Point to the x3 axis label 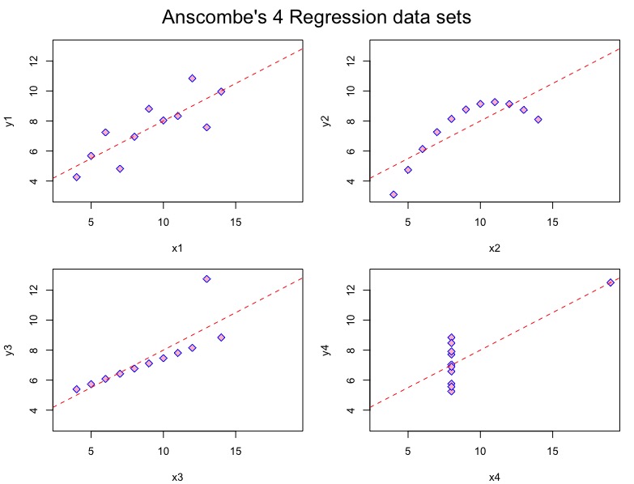point(177,477)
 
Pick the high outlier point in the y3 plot point(206,278)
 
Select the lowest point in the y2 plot point(394,194)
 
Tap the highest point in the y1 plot point(192,79)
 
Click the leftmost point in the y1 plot point(76,176)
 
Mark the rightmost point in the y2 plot point(538,119)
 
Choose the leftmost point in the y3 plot point(76,389)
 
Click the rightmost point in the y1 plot point(221,91)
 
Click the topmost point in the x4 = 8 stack point(451,338)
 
